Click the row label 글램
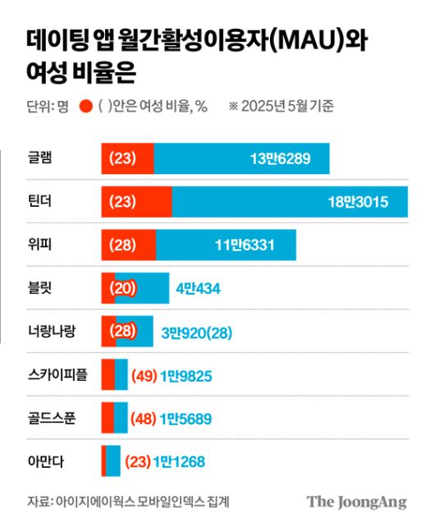(x=39, y=158)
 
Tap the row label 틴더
(x=39, y=201)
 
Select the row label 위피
(x=39, y=244)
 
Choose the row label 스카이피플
(x=57, y=374)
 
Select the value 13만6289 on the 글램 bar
(x=281, y=158)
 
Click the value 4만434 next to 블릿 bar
(x=199, y=288)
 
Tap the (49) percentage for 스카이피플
(x=144, y=375)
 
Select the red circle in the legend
(x=85, y=106)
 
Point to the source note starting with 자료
(x=128, y=501)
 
